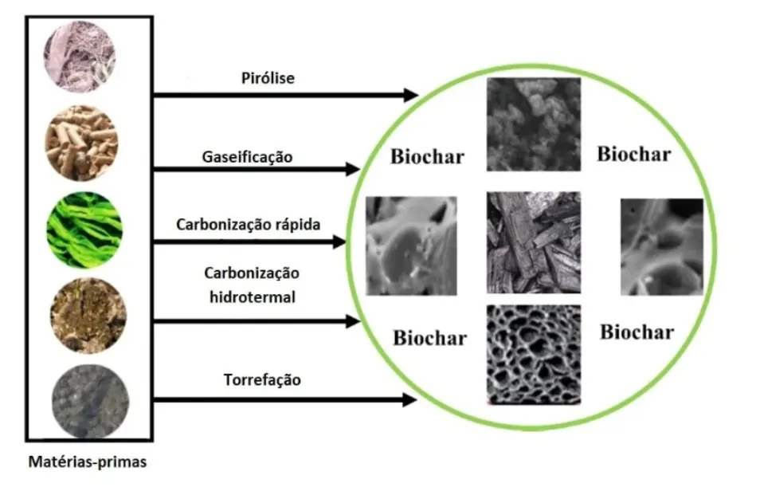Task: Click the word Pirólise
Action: tap(268, 78)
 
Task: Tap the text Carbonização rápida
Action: tap(248, 224)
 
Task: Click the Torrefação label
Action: tap(261, 379)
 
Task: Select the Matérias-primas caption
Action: tap(88, 462)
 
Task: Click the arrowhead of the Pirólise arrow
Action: tap(411, 95)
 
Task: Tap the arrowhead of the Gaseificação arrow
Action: tap(351, 169)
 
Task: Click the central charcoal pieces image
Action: tap(533, 242)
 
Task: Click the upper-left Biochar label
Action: tap(426, 156)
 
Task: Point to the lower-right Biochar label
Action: tap(636, 332)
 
